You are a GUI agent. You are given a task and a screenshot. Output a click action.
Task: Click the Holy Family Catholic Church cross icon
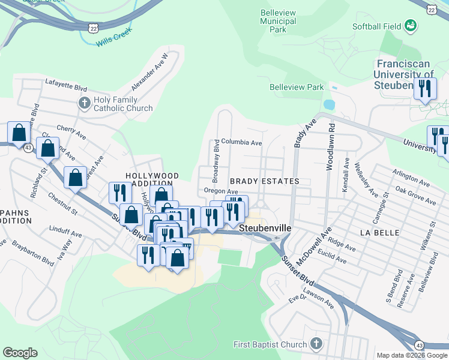click(84, 103)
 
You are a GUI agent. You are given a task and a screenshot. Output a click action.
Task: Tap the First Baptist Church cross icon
click(316, 344)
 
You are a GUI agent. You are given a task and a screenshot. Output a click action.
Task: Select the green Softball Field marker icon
click(411, 25)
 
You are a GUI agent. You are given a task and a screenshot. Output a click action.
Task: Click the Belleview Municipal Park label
click(278, 21)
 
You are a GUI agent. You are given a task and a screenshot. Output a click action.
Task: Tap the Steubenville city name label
click(265, 229)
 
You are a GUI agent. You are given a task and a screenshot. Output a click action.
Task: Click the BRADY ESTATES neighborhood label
click(264, 181)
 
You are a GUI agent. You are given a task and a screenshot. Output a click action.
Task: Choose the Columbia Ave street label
click(241, 143)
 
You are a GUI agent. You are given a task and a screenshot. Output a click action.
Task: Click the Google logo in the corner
click(20, 353)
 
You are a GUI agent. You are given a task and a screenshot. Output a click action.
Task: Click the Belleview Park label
click(297, 87)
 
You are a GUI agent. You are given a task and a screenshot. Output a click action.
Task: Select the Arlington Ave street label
click(412, 182)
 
